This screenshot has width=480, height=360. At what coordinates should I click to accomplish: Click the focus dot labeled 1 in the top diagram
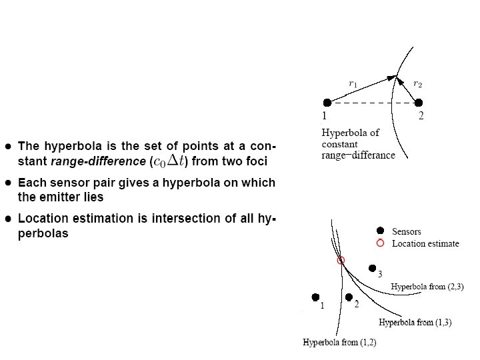pyautogui.click(x=327, y=103)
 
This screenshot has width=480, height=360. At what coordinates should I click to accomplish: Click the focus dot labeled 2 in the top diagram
pyautogui.click(x=419, y=103)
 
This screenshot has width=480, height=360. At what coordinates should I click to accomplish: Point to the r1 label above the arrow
pyautogui.click(x=353, y=83)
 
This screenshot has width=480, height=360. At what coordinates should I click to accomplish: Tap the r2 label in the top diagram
pyautogui.click(x=417, y=83)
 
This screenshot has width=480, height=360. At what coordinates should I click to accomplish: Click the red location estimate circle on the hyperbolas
pyautogui.click(x=341, y=261)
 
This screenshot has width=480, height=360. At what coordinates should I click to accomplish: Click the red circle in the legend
pyautogui.click(x=380, y=243)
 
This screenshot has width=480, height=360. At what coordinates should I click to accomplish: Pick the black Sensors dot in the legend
pyautogui.click(x=380, y=231)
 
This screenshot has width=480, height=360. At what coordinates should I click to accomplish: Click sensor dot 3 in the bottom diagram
pyautogui.click(x=372, y=268)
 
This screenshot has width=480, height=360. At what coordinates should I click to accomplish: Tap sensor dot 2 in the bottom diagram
pyautogui.click(x=348, y=297)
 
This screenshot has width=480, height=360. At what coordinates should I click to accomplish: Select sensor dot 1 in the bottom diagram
pyautogui.click(x=315, y=297)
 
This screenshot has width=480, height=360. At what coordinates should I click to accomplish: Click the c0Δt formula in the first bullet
pyautogui.click(x=170, y=160)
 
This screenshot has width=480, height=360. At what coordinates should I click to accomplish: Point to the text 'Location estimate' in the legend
pyautogui.click(x=425, y=243)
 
